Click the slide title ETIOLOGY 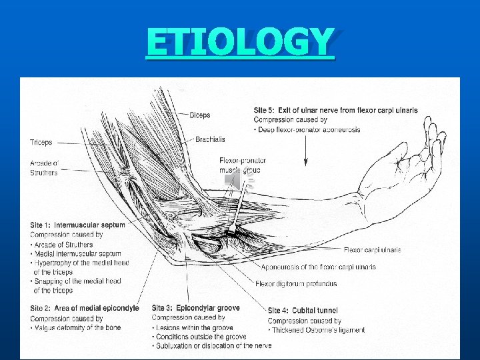[239, 42]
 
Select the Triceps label [41, 142]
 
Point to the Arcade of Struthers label [44, 167]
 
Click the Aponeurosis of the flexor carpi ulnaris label [318, 267]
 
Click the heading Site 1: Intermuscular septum [77, 225]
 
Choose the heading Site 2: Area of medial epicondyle [84, 308]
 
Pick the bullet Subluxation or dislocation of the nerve [213, 345]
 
